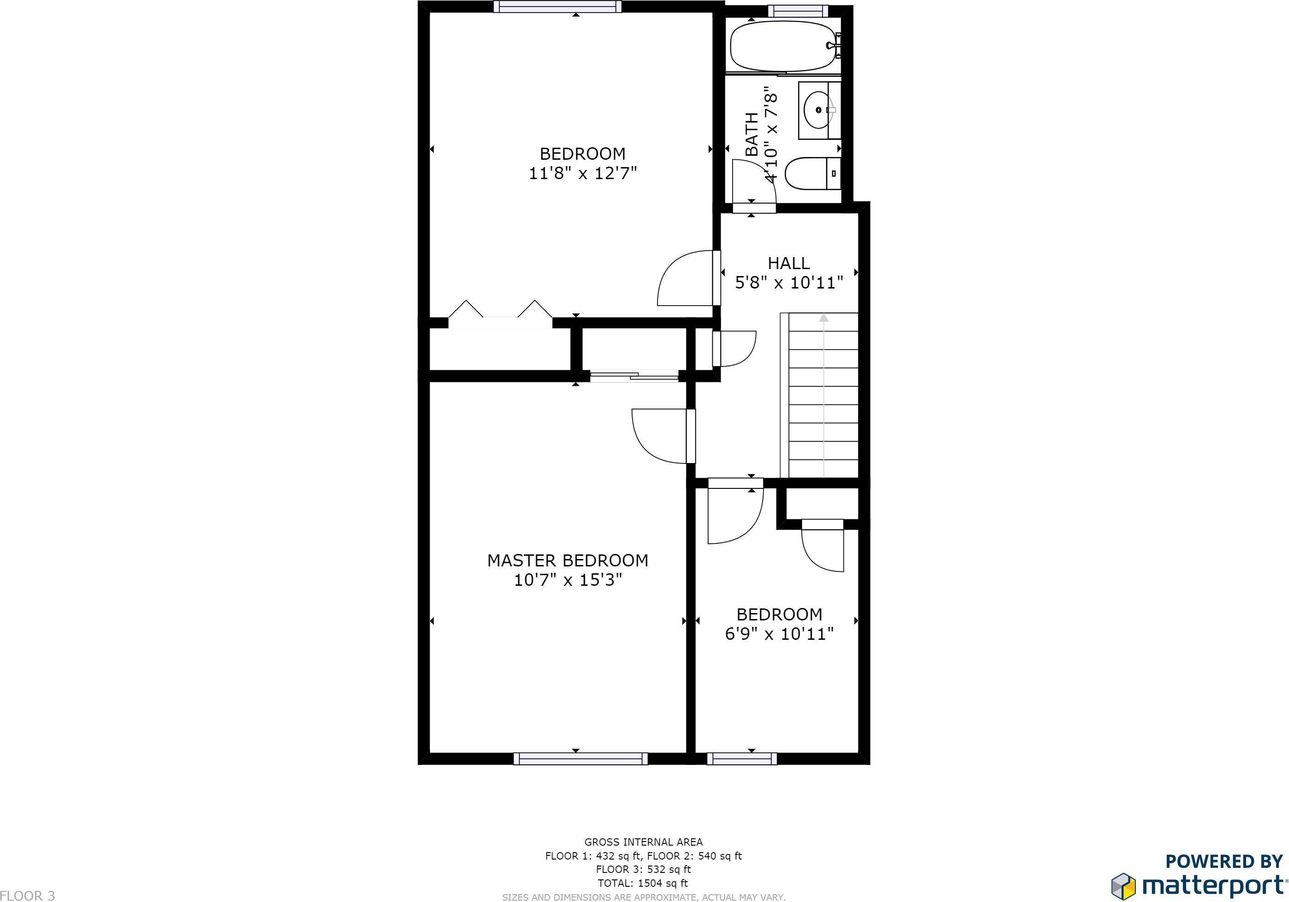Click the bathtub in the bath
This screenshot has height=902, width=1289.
pos(782,47)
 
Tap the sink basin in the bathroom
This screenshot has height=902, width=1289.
pos(817,110)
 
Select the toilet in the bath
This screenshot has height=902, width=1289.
pos(808,174)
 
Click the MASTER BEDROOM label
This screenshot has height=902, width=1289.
pos(567,560)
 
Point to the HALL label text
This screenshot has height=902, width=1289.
pos(788,264)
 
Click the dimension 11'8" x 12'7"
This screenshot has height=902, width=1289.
pos(583,173)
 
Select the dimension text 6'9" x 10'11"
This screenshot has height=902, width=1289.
pos(779,634)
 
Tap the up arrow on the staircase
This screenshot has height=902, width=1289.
pos(824,318)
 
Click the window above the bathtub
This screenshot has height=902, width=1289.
pos(798,11)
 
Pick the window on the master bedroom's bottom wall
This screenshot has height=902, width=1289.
pos(580,759)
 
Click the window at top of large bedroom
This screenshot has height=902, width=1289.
pos(557,7)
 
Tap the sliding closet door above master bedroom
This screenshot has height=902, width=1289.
pos(634,376)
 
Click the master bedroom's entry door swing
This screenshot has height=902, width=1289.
pos(660,436)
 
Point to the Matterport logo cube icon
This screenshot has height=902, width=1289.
pos(1123,886)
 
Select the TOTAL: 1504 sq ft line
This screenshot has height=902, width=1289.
pos(643,883)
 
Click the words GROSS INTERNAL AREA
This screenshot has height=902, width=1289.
pos(644,842)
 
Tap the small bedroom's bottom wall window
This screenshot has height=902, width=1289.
pos(742,759)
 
